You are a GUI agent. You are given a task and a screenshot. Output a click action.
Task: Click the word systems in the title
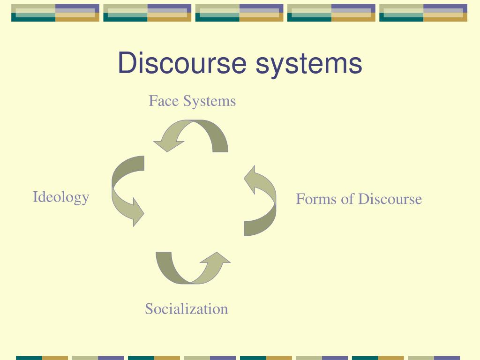coord(309,64)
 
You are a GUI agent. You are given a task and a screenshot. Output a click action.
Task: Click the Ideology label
coord(61,197)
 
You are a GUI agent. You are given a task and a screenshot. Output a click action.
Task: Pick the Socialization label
coord(186,309)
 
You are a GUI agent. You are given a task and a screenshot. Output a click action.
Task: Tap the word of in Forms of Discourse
coord(347,199)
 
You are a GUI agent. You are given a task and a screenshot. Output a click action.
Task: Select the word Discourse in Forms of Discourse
coord(390,199)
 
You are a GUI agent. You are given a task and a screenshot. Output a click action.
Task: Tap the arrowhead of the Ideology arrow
coord(136,214)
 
